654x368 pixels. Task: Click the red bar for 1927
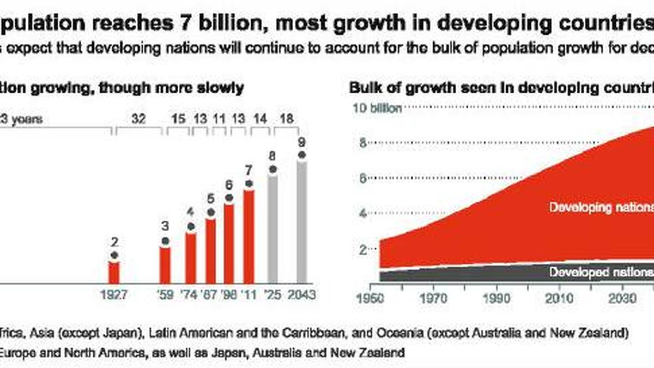113,272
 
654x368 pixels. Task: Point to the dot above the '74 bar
190,226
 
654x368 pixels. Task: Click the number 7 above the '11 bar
249,170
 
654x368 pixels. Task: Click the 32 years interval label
139,118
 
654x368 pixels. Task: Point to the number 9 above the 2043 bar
301,143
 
